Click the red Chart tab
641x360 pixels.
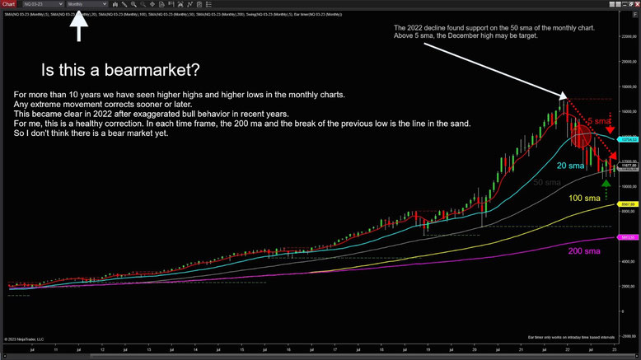click(8, 4)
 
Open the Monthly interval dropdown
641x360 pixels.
click(86, 4)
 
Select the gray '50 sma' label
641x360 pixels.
click(547, 181)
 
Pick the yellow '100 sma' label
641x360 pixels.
click(585, 199)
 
